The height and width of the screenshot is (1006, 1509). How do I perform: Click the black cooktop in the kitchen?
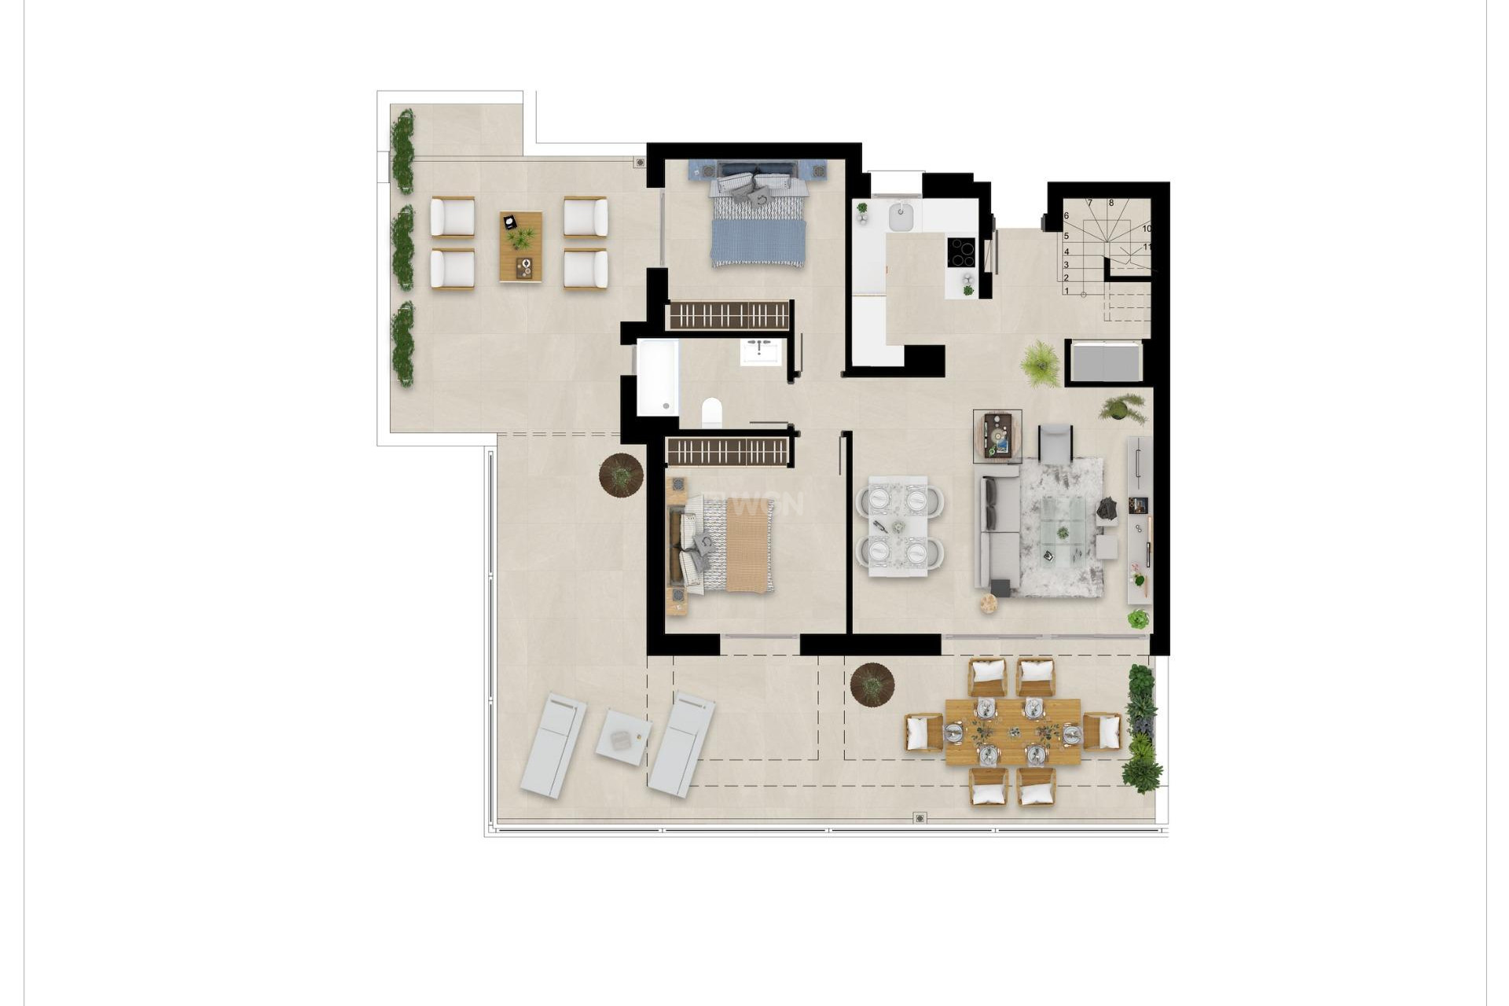click(961, 252)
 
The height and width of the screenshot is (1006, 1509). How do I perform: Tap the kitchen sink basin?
click(901, 217)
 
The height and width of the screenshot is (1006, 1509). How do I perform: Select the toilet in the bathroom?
click(712, 413)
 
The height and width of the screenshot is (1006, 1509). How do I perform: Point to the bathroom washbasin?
click(762, 351)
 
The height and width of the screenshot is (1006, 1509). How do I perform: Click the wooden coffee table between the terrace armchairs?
click(520, 247)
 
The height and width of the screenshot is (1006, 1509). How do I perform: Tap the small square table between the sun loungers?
click(622, 737)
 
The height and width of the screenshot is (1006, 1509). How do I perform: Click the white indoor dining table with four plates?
click(898, 526)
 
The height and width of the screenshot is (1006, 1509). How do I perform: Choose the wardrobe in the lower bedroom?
click(727, 452)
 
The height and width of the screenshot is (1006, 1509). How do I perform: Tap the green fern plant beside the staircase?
click(1041, 364)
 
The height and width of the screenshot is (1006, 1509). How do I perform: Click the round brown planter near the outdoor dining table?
click(872, 685)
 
